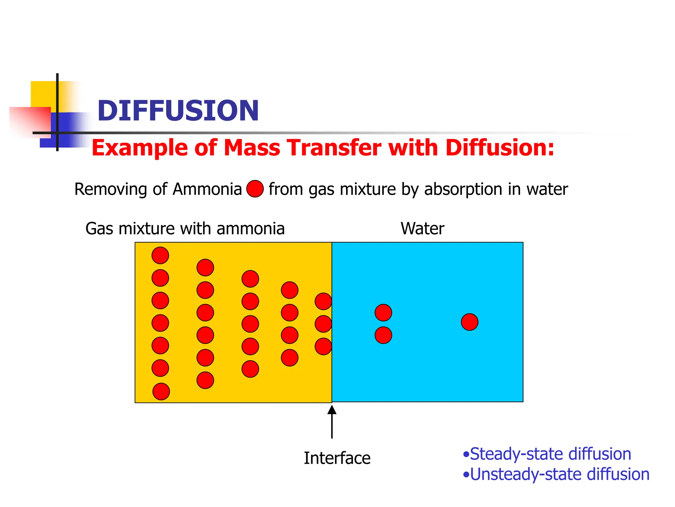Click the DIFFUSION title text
pyautogui.click(x=178, y=111)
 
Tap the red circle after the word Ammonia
pyautogui.click(x=255, y=189)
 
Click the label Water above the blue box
pyautogui.click(x=422, y=228)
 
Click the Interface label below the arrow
pyautogui.click(x=337, y=458)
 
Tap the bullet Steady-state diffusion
pyautogui.click(x=550, y=454)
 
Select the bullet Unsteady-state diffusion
pyautogui.click(x=559, y=474)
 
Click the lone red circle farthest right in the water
pyautogui.click(x=469, y=322)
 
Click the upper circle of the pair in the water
pyautogui.click(x=383, y=313)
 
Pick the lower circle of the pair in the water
pyautogui.click(x=383, y=335)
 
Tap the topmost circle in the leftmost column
pyautogui.click(x=160, y=255)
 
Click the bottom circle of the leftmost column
pyautogui.click(x=161, y=391)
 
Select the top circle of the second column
pyautogui.click(x=205, y=267)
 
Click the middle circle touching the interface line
pyautogui.click(x=323, y=324)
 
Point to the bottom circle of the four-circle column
pyautogui.click(x=290, y=358)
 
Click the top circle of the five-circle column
pyautogui.click(x=250, y=279)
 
